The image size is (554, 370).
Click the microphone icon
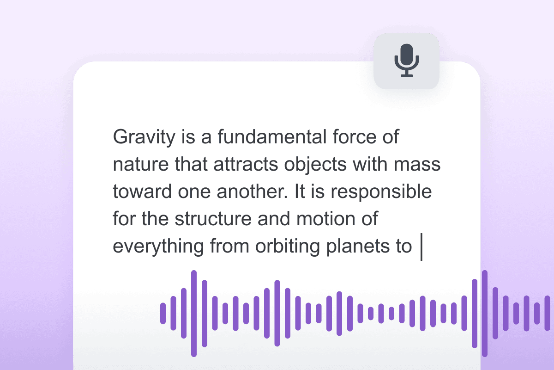coord(406,61)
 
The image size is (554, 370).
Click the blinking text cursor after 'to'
coord(422,247)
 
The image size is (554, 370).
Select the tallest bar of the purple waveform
coord(194,313)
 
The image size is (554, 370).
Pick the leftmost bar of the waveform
coord(163,313)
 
